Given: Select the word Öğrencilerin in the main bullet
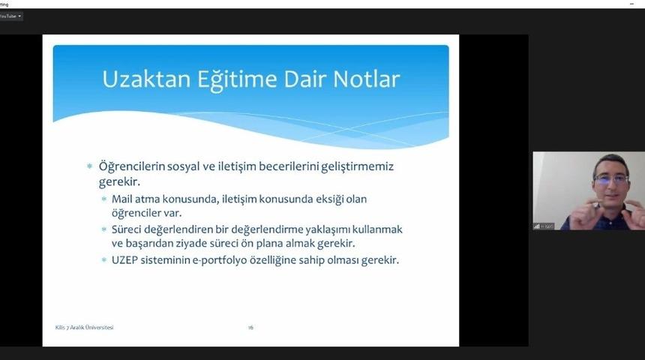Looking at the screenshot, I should [135, 166].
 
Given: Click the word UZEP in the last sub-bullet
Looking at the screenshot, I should [126, 260].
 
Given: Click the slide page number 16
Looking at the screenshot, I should [250, 327].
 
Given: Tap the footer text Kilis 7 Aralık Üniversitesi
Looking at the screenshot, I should [85, 327].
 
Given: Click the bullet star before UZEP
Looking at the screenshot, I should [104, 260].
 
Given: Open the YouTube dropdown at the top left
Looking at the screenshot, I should [10, 16].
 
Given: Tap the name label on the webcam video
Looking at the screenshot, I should [544, 226].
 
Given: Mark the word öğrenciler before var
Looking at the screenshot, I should [137, 213].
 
